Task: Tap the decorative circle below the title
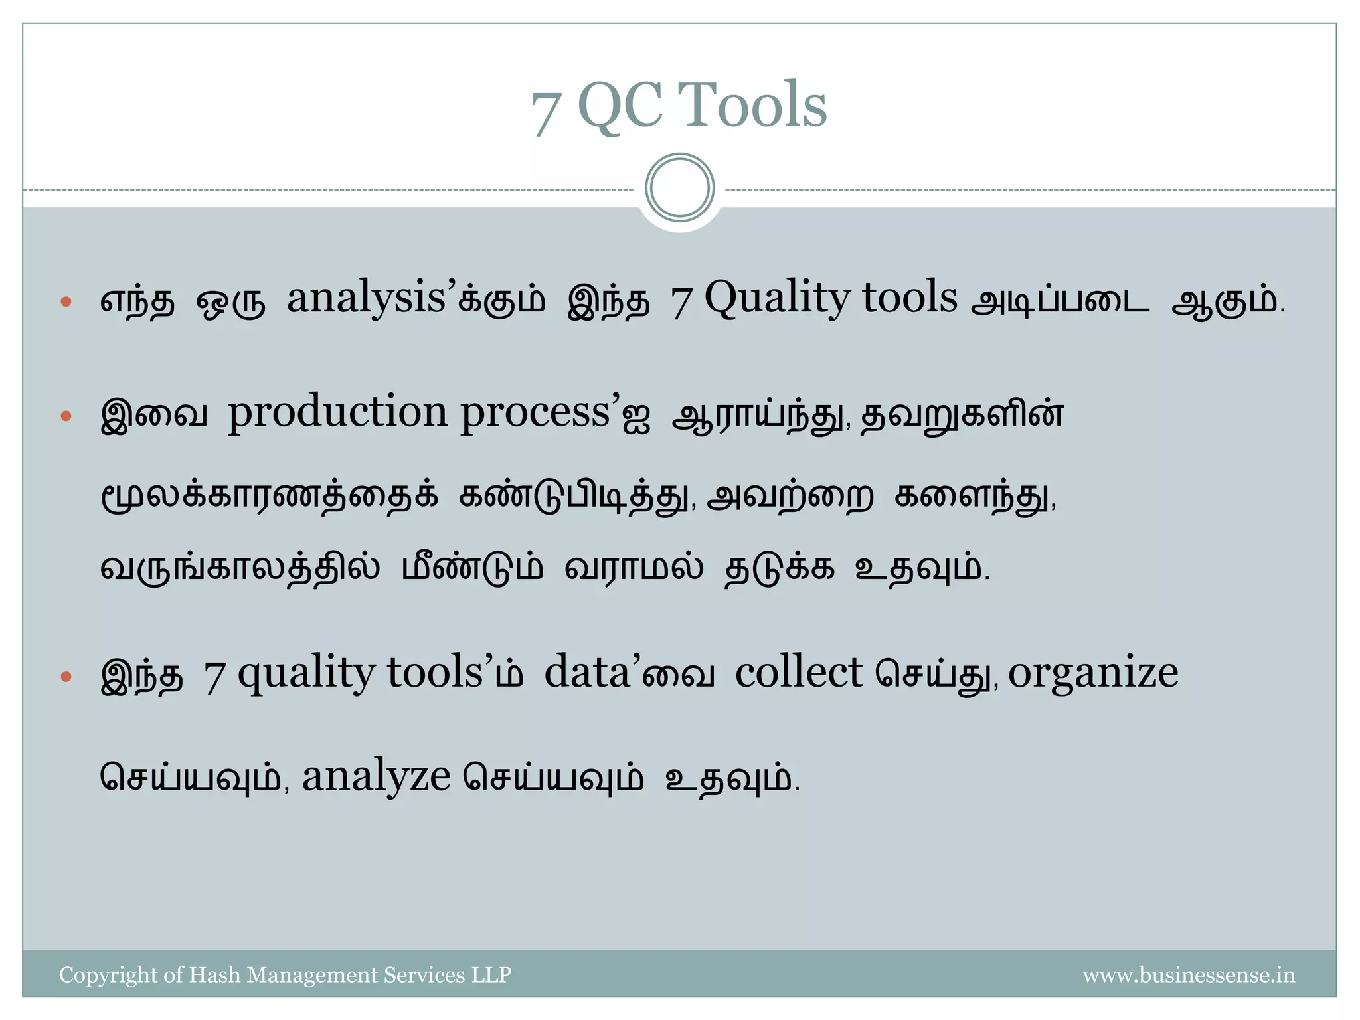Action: coord(679,188)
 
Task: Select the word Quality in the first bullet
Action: coord(777,299)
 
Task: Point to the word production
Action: coord(337,414)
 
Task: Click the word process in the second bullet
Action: coord(535,414)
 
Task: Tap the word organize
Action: coord(1093,675)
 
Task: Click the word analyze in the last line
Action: coord(376,777)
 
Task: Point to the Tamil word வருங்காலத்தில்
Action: coord(240,568)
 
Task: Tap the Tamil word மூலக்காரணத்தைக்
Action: coord(269,497)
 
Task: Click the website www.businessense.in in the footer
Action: coord(1189,975)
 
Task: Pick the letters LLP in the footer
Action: coord(491,974)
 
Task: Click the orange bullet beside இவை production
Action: coord(66,416)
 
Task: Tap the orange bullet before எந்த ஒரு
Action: coord(66,302)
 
